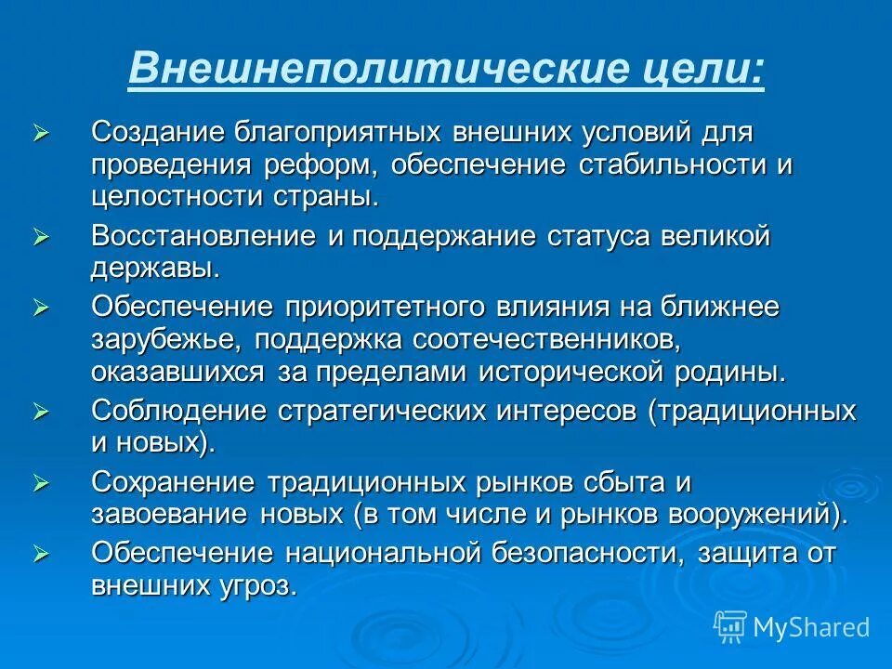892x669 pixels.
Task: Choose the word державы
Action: (155, 269)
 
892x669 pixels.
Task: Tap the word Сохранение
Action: (174, 484)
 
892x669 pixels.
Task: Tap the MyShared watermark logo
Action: (792, 627)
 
